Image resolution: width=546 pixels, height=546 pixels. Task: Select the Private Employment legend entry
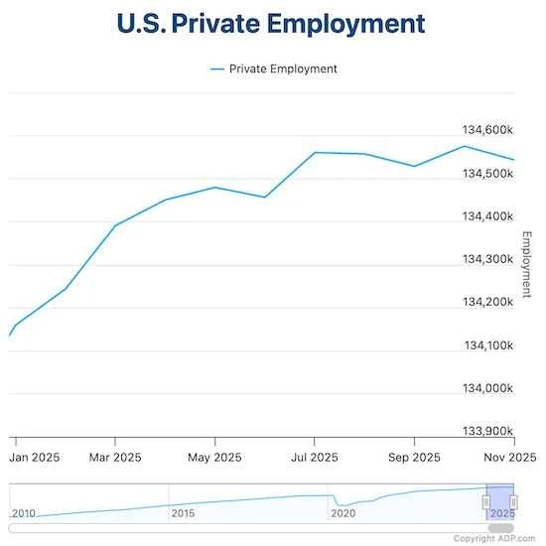pyautogui.click(x=274, y=68)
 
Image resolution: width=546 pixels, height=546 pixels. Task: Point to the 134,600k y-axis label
pyautogui.click(x=487, y=130)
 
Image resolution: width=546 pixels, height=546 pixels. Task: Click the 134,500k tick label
pyautogui.click(x=487, y=174)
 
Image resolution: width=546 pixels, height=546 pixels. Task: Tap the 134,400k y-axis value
pyautogui.click(x=487, y=216)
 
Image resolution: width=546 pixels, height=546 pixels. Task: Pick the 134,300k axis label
pyautogui.click(x=487, y=259)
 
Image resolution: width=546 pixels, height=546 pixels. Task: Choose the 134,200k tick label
pyautogui.click(x=487, y=302)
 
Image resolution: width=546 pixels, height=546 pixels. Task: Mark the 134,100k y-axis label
pyautogui.click(x=487, y=345)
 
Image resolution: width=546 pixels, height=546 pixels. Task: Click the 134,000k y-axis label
pyautogui.click(x=487, y=388)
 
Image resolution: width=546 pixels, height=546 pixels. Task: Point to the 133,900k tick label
pyautogui.click(x=487, y=431)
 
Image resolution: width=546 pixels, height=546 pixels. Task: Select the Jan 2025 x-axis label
pyautogui.click(x=36, y=458)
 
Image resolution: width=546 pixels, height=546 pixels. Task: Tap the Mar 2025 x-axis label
pyautogui.click(x=114, y=458)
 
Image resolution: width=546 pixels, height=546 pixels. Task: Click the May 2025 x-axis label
pyautogui.click(x=214, y=458)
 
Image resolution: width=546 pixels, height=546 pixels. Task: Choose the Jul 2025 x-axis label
pyautogui.click(x=314, y=458)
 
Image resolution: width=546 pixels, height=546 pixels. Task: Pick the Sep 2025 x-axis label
pyautogui.click(x=413, y=458)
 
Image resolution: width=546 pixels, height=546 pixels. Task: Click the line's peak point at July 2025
pyautogui.click(x=315, y=153)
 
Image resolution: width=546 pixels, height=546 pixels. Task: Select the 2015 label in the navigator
pyautogui.click(x=183, y=513)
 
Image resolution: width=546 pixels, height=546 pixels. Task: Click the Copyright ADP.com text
pyautogui.click(x=497, y=538)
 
